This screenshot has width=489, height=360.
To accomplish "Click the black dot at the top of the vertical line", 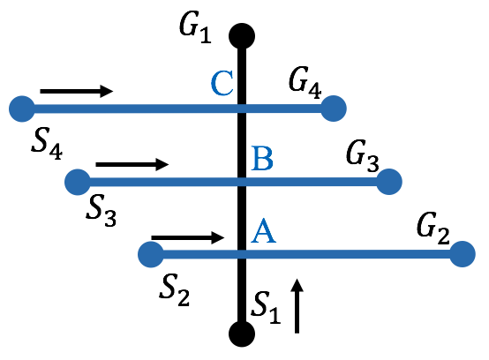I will click(241, 36).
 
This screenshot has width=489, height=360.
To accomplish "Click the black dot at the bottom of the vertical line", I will click(241, 334).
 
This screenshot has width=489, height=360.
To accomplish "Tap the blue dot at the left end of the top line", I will click(20, 109).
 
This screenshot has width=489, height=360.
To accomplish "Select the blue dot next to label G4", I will click(333, 109).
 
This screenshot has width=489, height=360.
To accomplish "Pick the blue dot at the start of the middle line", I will click(78, 182).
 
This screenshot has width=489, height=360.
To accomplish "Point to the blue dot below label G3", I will click(388, 182).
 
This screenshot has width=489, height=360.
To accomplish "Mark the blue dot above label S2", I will click(151, 255).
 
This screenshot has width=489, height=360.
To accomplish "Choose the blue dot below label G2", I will click(462, 255).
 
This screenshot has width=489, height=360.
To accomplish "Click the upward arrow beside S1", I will click(297, 306).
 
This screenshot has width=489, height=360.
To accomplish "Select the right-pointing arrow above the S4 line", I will click(77, 91).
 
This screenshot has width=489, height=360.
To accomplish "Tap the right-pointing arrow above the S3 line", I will click(132, 164).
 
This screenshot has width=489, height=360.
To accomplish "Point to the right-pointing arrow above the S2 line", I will click(188, 237).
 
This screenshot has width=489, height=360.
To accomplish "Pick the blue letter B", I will click(262, 159).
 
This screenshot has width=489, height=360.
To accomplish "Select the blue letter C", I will click(222, 85).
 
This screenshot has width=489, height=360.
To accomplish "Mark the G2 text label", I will click(433, 235).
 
